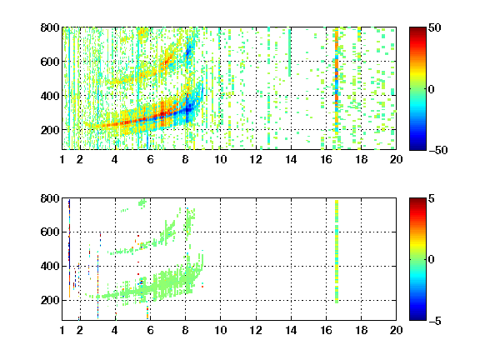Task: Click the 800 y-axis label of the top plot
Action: (x=50, y=27)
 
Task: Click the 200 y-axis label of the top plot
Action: (x=50, y=130)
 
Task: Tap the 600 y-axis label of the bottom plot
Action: (x=50, y=232)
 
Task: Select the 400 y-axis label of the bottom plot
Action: (x=50, y=266)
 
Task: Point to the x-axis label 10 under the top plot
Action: (x=220, y=159)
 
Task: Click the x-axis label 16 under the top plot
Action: (x=326, y=159)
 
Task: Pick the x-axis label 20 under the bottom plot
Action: (x=396, y=330)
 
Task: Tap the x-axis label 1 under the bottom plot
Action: (x=62, y=330)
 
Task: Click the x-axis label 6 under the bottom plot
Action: (x=150, y=330)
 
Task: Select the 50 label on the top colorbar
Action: (x=435, y=27)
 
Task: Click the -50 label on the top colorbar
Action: (x=438, y=150)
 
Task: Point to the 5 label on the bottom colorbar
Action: (x=432, y=198)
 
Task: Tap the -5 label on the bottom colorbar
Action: (x=435, y=321)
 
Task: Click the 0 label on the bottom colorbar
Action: (x=432, y=260)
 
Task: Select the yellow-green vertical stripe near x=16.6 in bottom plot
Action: (x=337, y=252)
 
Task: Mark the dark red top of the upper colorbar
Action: (x=417, y=31)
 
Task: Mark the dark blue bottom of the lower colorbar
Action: (x=417, y=317)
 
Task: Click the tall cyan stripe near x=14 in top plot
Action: (x=290, y=52)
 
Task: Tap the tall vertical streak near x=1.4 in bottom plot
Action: (x=69, y=248)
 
